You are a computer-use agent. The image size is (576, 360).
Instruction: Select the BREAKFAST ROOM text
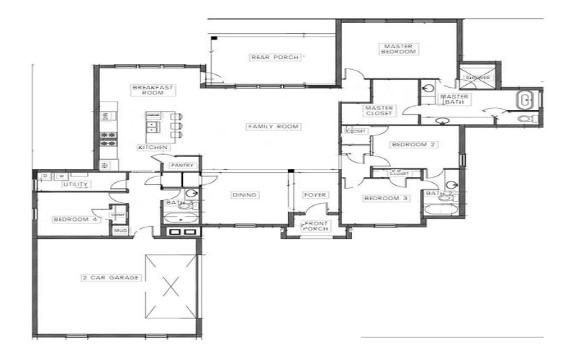[152, 90]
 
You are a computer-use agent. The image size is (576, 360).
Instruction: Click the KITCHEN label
[153, 148]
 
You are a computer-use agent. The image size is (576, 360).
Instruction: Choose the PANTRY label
[181, 166]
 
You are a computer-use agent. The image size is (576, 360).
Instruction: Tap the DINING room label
[245, 195]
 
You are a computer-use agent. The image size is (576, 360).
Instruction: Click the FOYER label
[315, 195]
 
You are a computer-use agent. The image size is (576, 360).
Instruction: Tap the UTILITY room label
[76, 184]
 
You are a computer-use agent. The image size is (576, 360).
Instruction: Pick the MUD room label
[118, 230]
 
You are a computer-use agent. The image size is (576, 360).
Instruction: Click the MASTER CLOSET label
[378, 111]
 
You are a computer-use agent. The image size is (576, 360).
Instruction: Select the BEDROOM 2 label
[404, 145]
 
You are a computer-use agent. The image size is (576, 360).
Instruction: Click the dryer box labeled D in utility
[45, 175]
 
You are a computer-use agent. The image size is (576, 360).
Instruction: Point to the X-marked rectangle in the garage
[171, 286]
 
